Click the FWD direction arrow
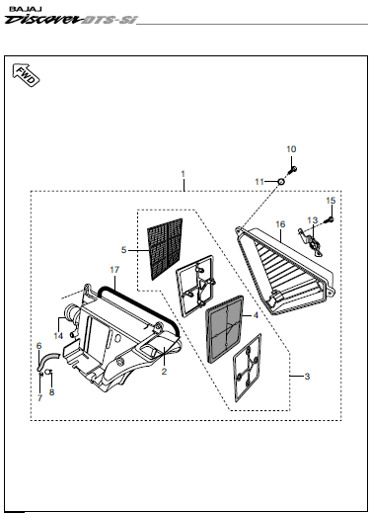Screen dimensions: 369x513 [x=26, y=75]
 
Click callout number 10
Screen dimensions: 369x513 [x=291, y=149]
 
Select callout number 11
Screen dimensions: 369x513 [x=259, y=182]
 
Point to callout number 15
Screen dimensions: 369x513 [x=331, y=201]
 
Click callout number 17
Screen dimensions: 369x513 [x=114, y=270]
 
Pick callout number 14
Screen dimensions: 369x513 [x=58, y=336]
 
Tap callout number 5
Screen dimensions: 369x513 [x=123, y=250]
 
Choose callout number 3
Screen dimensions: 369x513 [x=307, y=377]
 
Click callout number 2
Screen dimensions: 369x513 [x=164, y=372]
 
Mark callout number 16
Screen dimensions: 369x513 [x=280, y=224]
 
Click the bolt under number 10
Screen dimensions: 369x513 [x=292, y=170]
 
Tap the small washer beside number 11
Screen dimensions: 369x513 [x=281, y=182]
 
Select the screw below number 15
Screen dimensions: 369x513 [x=330, y=219]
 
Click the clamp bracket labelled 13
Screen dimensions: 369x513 [x=311, y=241]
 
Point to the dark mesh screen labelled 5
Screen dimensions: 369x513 [x=165, y=249]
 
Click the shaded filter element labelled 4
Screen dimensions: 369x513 [x=225, y=329]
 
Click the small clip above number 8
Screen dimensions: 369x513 [x=48, y=372]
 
